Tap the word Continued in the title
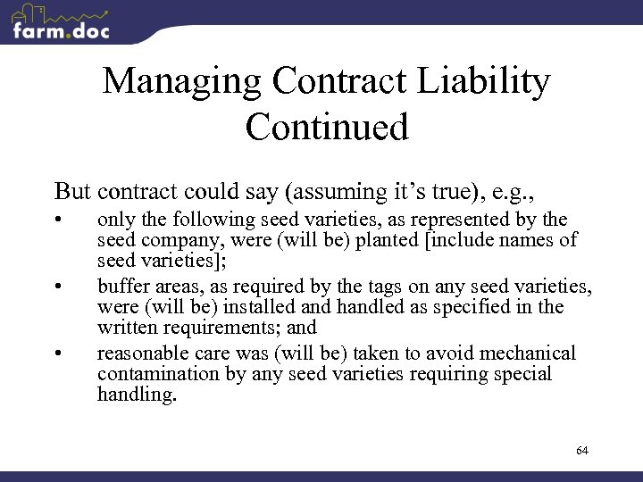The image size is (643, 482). click(x=327, y=127)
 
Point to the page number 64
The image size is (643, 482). click(x=582, y=451)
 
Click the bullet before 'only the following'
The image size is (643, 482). click(x=58, y=220)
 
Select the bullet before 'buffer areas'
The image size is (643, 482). click(x=58, y=287)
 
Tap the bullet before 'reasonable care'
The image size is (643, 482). click(x=58, y=354)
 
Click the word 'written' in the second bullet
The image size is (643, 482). click(x=127, y=328)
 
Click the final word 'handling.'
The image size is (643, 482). click(x=137, y=395)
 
